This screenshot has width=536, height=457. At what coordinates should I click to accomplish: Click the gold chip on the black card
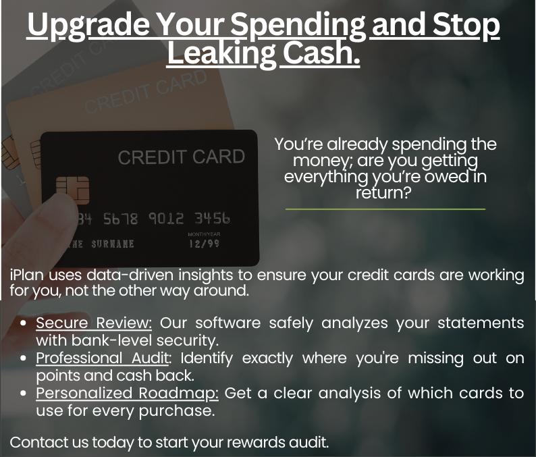pos(72,190)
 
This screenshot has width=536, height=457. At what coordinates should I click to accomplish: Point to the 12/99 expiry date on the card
pos(204,244)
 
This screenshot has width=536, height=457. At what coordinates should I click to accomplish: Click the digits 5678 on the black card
pos(120,219)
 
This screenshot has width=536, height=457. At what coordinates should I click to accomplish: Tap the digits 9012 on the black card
pos(166,219)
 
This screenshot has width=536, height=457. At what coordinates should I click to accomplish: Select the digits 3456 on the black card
pos(212,218)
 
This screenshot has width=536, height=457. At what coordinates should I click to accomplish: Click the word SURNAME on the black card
pos(113,244)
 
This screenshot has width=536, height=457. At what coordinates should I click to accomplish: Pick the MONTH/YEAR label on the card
pos(204,234)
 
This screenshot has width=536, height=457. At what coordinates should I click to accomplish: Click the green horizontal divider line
pos(385,209)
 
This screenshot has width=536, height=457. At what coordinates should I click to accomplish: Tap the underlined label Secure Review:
pos(94,323)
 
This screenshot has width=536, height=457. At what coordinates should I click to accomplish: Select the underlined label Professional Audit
pos(102,358)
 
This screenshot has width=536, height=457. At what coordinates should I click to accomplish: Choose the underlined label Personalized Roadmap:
pos(127,394)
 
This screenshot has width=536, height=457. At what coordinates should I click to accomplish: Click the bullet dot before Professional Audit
pos(23,358)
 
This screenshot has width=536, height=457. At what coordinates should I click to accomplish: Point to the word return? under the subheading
pos(383,193)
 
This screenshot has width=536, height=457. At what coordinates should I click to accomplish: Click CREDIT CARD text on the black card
pos(181,157)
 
